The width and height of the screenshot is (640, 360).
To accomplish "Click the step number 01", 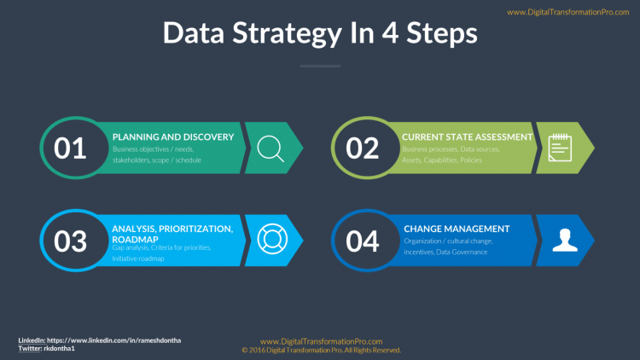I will click(x=70, y=148).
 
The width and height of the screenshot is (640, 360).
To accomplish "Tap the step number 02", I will click(x=362, y=148).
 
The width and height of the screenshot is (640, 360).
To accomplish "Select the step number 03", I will click(x=70, y=241).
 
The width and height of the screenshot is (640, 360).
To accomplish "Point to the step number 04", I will click(x=362, y=241).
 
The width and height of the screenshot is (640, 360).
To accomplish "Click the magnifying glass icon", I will click(x=271, y=148).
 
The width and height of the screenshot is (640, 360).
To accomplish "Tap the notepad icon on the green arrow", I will click(x=560, y=148).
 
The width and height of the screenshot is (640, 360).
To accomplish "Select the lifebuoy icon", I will click(x=271, y=240).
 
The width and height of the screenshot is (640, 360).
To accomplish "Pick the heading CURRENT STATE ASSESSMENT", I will click(x=467, y=136).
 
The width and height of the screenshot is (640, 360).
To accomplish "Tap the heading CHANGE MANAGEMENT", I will click(x=457, y=229).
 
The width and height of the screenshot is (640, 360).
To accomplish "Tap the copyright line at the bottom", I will click(x=321, y=350).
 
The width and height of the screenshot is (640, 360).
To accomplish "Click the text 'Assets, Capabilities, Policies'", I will click(x=442, y=160).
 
